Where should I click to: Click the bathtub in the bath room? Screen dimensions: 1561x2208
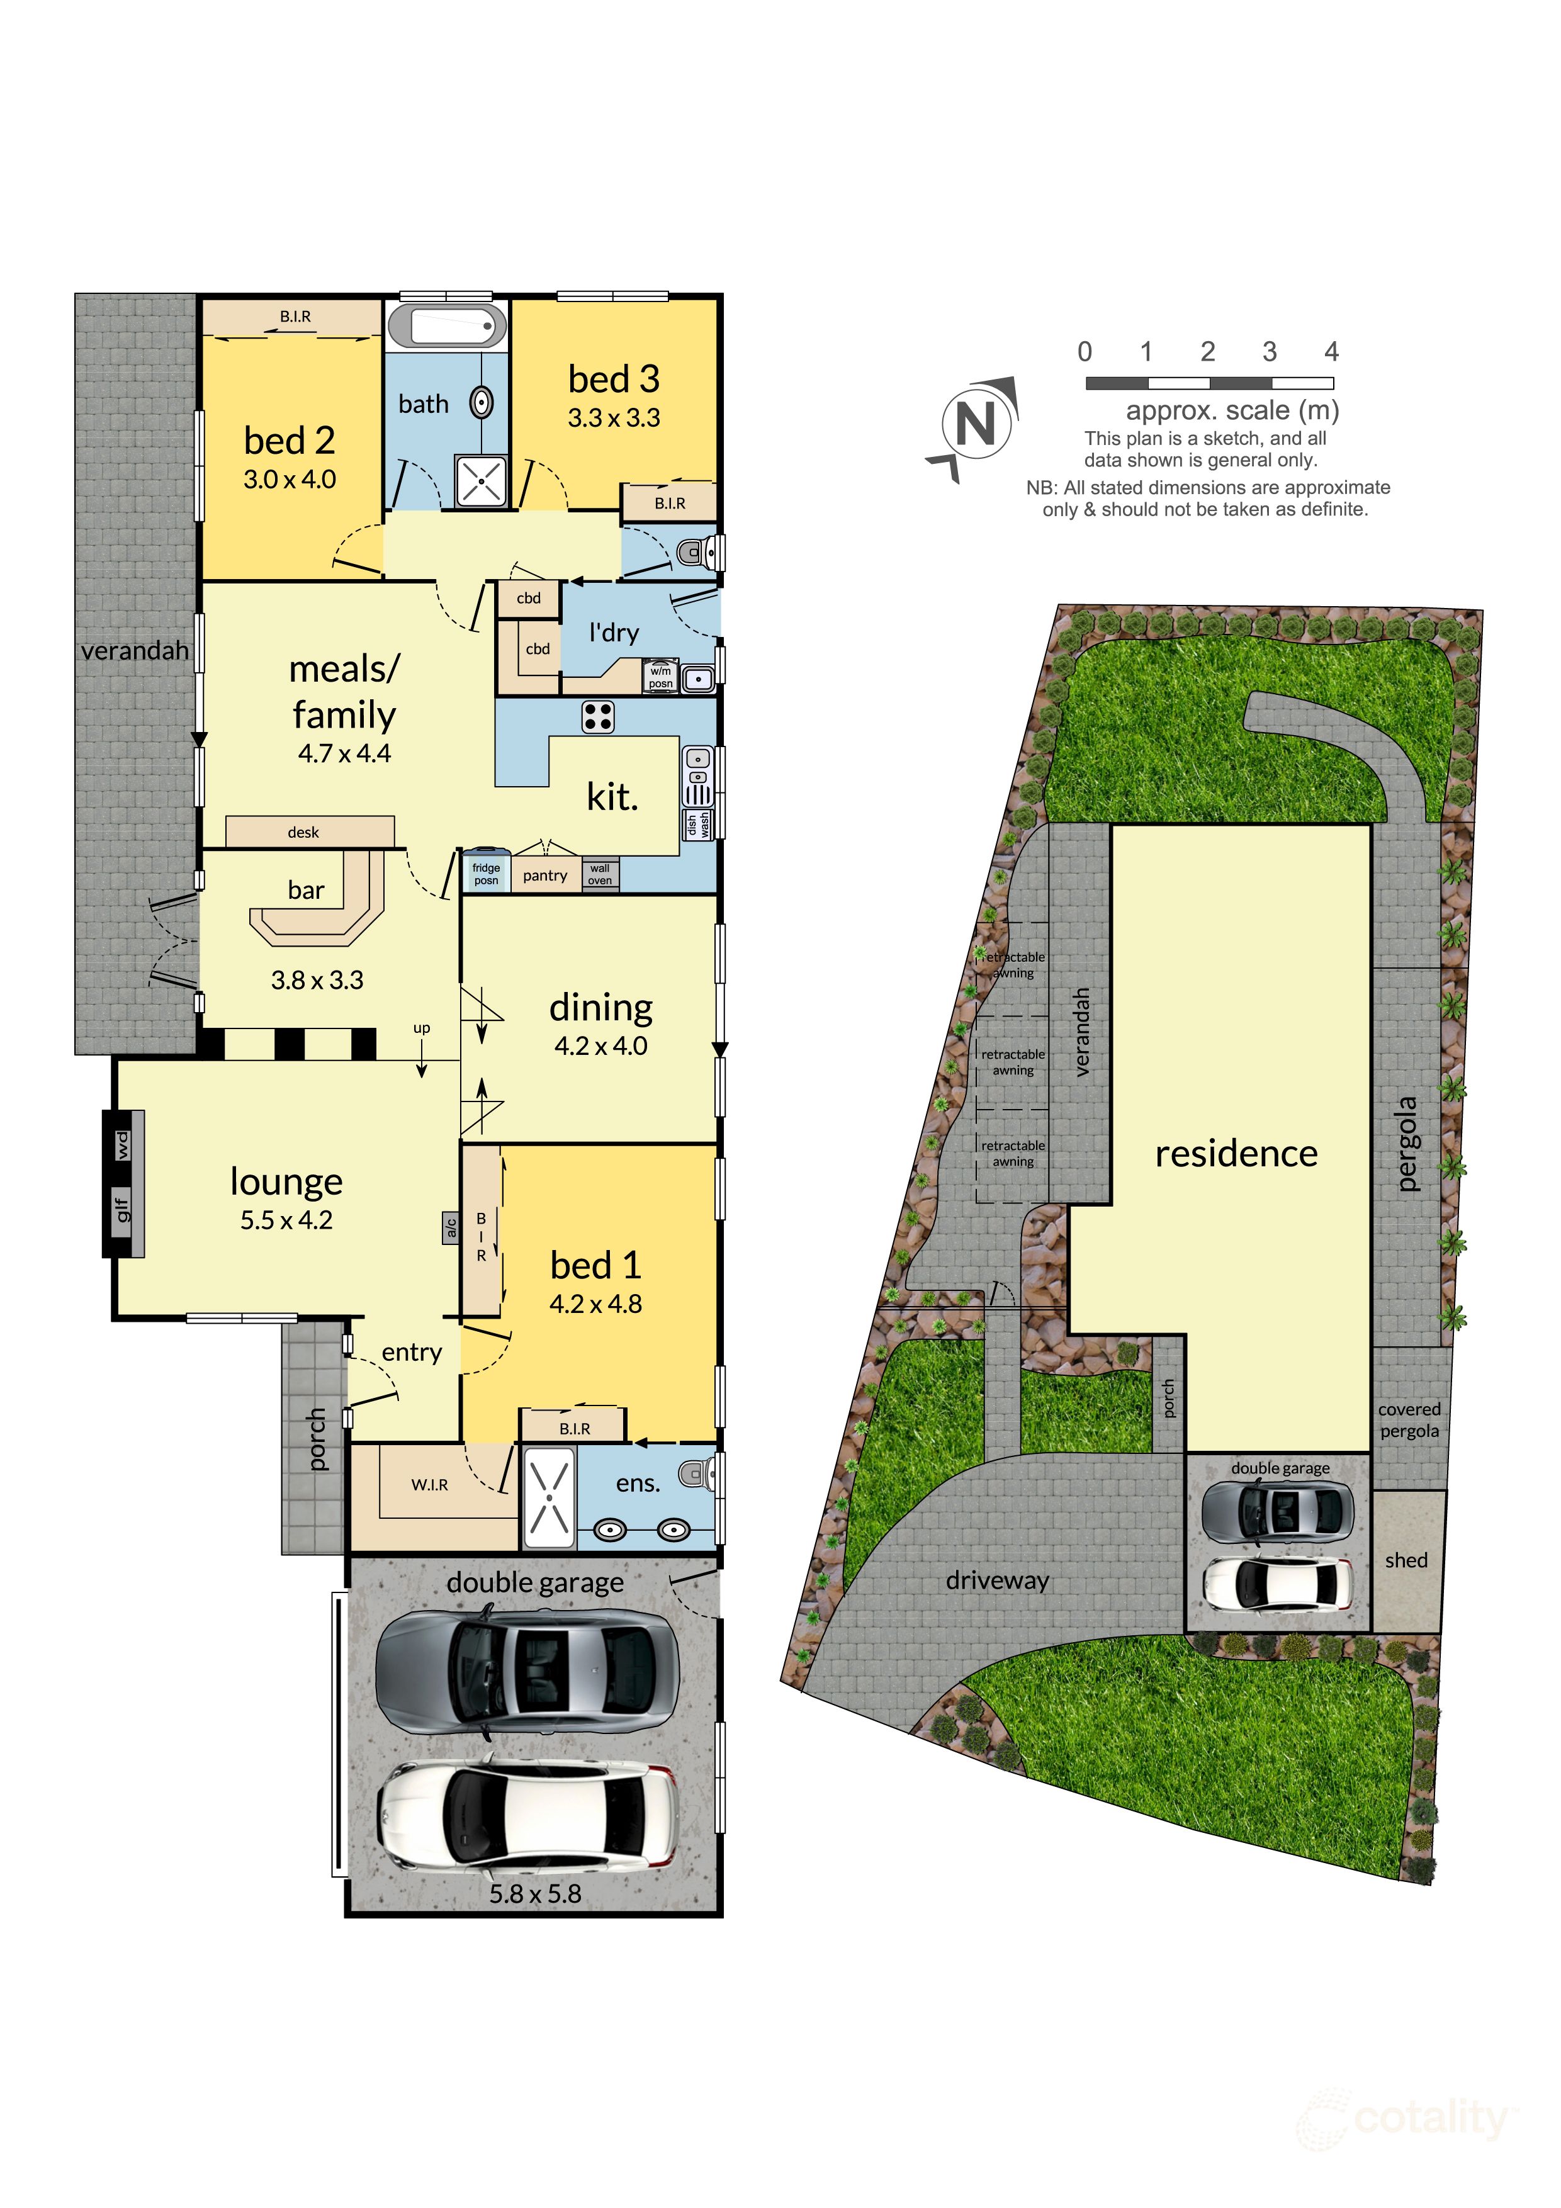pos(448,326)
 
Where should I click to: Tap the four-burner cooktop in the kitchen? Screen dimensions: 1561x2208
pos(597,716)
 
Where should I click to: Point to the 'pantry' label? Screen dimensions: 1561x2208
pos(545,875)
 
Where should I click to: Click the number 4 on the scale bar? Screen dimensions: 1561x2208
pos(1331,352)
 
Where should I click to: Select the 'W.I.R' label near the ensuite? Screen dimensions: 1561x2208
pos(430,1485)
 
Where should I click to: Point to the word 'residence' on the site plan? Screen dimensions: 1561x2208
pos(1236,1153)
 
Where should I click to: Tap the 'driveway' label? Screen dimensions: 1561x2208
pos(998,1580)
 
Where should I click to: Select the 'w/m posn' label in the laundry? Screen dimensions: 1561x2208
pos(661,677)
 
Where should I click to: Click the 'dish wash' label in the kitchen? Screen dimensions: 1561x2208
pos(698,824)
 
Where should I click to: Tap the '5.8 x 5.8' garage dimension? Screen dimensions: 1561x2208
pos(536,1893)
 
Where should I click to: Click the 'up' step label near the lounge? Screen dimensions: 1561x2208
pos(421,1028)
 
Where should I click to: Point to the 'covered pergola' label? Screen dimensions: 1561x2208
pos(1409,1419)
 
